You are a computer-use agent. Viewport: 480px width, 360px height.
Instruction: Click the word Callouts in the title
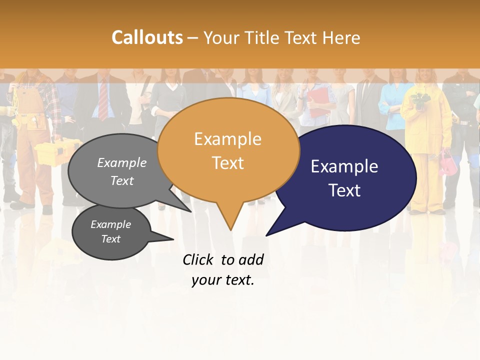[147, 37]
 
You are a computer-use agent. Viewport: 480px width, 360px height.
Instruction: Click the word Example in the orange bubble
[227, 139]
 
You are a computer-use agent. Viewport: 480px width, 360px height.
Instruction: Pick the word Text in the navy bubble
[344, 190]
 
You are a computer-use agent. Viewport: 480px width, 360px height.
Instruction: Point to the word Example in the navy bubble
[344, 166]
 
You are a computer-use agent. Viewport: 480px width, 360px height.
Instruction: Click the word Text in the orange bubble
[228, 163]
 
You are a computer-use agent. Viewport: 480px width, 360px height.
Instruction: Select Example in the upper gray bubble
[122, 163]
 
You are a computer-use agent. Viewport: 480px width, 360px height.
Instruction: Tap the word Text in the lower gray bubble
[111, 239]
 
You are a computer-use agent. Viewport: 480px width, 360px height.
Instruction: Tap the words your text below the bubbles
[223, 280]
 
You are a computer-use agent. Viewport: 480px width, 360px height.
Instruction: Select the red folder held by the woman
[317, 103]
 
